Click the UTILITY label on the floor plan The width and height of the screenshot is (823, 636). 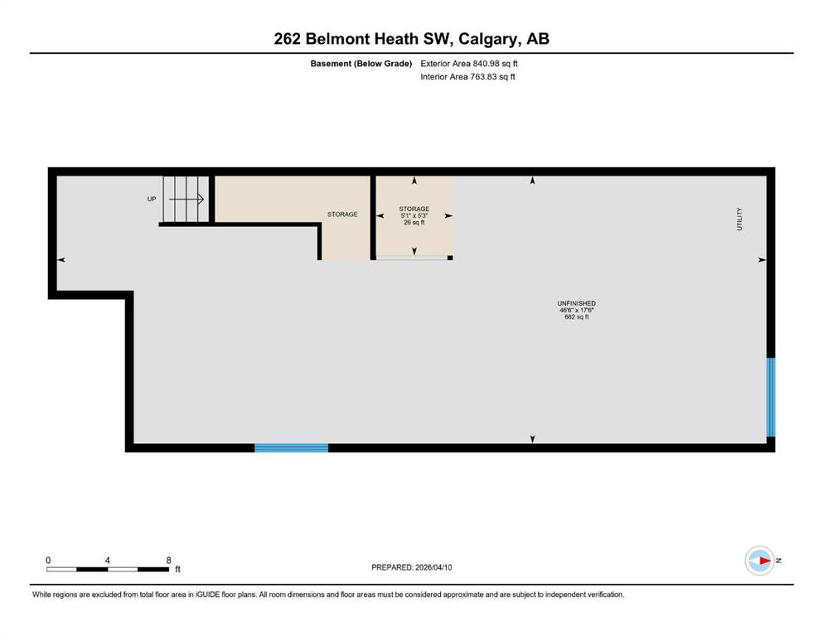[739, 219]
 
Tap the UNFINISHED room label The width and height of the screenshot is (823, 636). [576, 303]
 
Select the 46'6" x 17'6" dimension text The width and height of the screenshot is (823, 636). [576, 310]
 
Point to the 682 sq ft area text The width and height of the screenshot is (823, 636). [576, 316]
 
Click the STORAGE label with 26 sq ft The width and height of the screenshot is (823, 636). [414, 209]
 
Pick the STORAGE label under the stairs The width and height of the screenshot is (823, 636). [342, 214]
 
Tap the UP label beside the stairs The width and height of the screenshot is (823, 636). [152, 199]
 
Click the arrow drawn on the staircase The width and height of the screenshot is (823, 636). [186, 199]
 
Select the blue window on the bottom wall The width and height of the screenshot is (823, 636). [291, 448]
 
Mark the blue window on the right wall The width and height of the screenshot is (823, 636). [771, 397]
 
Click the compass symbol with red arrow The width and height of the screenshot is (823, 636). [760, 561]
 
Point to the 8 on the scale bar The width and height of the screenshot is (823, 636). [168, 560]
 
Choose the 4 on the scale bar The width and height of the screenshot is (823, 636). [107, 560]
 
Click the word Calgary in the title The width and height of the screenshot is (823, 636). [487, 39]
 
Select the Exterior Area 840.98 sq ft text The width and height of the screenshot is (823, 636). [469, 64]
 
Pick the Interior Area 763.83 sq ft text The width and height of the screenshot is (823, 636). [467, 76]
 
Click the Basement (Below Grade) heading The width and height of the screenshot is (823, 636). [361, 64]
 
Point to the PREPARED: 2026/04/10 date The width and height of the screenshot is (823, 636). [411, 567]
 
